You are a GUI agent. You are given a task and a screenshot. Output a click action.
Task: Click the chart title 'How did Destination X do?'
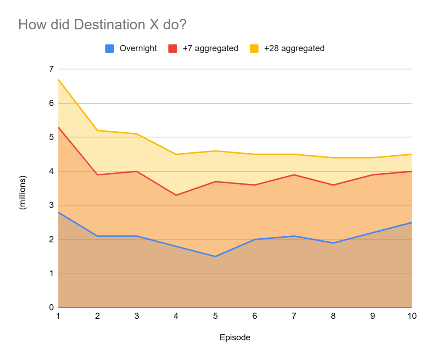click(x=102, y=25)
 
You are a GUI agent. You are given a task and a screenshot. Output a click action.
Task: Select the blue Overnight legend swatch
click(x=110, y=49)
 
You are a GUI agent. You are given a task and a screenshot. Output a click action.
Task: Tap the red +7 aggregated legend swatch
click(x=173, y=49)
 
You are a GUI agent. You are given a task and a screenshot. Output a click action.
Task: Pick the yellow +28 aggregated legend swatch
click(x=254, y=49)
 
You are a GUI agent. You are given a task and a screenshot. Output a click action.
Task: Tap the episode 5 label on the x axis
click(x=215, y=316)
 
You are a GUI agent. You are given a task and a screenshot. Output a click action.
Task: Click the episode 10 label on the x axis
click(x=412, y=316)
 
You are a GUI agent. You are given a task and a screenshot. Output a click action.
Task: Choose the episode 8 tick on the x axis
click(x=333, y=316)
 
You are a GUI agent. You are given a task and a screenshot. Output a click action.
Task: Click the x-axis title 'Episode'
click(x=235, y=338)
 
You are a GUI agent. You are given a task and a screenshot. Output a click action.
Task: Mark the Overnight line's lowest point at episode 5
click(x=215, y=256)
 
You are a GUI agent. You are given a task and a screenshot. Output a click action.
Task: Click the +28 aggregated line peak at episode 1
click(x=59, y=79)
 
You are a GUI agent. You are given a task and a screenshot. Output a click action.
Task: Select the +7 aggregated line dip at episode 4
click(x=176, y=195)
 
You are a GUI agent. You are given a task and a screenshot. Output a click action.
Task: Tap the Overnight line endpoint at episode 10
click(x=412, y=222)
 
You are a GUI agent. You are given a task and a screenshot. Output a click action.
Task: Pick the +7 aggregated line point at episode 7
click(x=294, y=175)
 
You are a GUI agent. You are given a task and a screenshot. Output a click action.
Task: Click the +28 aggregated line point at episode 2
click(x=98, y=130)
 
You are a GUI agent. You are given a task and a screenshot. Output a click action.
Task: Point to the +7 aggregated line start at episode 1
click(x=59, y=127)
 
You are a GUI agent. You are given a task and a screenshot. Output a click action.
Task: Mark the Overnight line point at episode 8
click(x=333, y=243)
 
